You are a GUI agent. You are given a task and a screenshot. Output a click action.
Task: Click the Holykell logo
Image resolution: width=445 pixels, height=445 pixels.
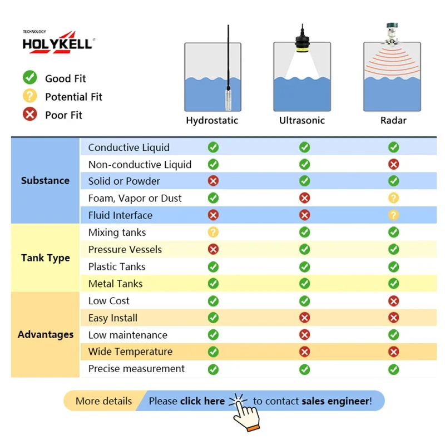(58, 42)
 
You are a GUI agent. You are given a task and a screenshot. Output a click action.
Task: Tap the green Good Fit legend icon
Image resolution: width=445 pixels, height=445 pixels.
(30, 77)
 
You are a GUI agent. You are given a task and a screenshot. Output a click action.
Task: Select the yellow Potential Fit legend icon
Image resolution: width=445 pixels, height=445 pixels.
(30, 96)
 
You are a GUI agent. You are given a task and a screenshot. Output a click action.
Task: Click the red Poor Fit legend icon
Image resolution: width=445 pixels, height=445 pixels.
(30, 114)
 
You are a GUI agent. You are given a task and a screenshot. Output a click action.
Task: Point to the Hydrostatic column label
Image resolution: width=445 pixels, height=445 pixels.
(212, 121)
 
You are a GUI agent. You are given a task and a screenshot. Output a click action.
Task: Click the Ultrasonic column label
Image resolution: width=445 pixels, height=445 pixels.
(302, 120)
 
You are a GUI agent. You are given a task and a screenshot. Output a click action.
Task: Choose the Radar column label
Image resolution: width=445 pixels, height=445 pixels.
(393, 120)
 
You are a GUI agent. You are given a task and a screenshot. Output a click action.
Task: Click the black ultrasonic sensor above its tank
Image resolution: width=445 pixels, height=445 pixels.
(302, 39)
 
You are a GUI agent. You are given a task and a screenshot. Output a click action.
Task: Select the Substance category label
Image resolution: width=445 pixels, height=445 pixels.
(45, 180)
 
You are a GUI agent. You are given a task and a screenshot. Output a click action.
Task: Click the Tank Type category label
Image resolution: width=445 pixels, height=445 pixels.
(46, 258)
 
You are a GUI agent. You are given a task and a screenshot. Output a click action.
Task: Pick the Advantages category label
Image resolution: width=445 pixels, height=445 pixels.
(46, 335)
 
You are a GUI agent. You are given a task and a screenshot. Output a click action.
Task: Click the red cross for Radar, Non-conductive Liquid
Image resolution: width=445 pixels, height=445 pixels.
(394, 164)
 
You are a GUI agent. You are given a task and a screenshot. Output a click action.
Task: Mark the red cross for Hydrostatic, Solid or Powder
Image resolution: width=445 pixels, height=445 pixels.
(213, 181)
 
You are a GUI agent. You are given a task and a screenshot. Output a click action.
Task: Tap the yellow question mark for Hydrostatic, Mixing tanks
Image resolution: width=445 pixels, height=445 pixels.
(213, 232)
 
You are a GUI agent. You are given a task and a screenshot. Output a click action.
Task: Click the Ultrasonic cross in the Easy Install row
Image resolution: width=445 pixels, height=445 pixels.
(304, 318)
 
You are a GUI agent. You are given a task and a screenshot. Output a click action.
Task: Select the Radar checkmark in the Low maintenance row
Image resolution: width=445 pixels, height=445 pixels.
(394, 335)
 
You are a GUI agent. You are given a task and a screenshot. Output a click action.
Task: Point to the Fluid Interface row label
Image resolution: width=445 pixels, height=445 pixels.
(120, 215)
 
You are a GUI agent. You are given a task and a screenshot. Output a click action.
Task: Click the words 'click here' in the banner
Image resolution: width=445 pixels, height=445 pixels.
(202, 401)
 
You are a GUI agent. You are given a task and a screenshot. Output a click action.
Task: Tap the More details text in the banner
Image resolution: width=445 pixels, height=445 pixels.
(103, 401)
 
